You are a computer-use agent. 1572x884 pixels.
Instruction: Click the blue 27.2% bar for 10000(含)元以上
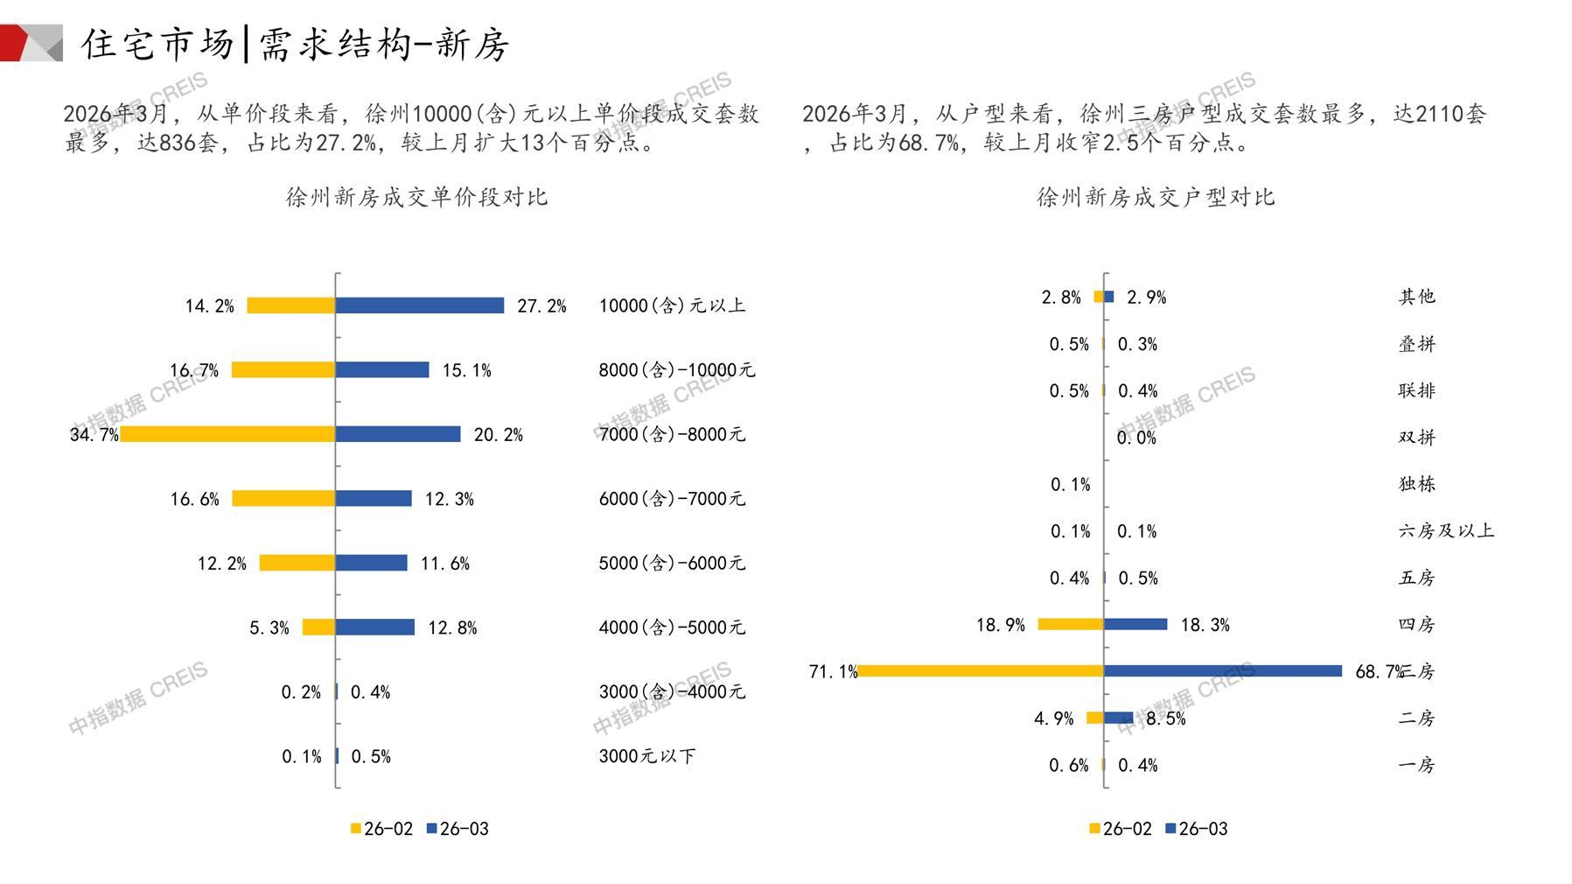pyautogui.click(x=420, y=305)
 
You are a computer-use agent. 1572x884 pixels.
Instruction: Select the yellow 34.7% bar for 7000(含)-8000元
pyautogui.click(x=227, y=434)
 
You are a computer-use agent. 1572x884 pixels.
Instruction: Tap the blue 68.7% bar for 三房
pyautogui.click(x=1223, y=671)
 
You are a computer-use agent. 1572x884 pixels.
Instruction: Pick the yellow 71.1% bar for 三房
pyautogui.click(x=980, y=671)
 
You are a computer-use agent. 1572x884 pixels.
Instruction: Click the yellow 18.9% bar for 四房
pyautogui.click(x=1071, y=624)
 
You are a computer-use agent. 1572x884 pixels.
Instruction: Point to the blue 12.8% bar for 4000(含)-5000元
pyautogui.click(x=375, y=628)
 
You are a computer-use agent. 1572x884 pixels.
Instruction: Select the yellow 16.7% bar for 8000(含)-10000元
pyautogui.click(x=283, y=370)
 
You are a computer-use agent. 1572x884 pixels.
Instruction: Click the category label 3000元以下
pyautogui.click(x=646, y=756)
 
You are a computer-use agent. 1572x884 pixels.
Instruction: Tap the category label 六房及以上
pyautogui.click(x=1446, y=530)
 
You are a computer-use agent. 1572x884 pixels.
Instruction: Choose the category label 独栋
pyautogui.click(x=1416, y=484)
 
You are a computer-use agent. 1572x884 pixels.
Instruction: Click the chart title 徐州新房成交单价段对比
pyautogui.click(x=416, y=197)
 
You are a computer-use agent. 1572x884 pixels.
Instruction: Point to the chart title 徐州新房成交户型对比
pyautogui.click(x=1156, y=197)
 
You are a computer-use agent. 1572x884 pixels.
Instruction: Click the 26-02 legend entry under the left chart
pyautogui.click(x=381, y=829)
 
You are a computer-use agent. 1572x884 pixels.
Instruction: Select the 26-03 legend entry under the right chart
pyautogui.click(x=1196, y=829)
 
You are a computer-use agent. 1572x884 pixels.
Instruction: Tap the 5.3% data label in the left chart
pyautogui.click(x=269, y=628)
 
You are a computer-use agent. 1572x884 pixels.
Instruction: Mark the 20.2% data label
pyautogui.click(x=498, y=435)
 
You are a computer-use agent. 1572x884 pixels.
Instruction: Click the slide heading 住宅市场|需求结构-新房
pyautogui.click(x=296, y=44)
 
